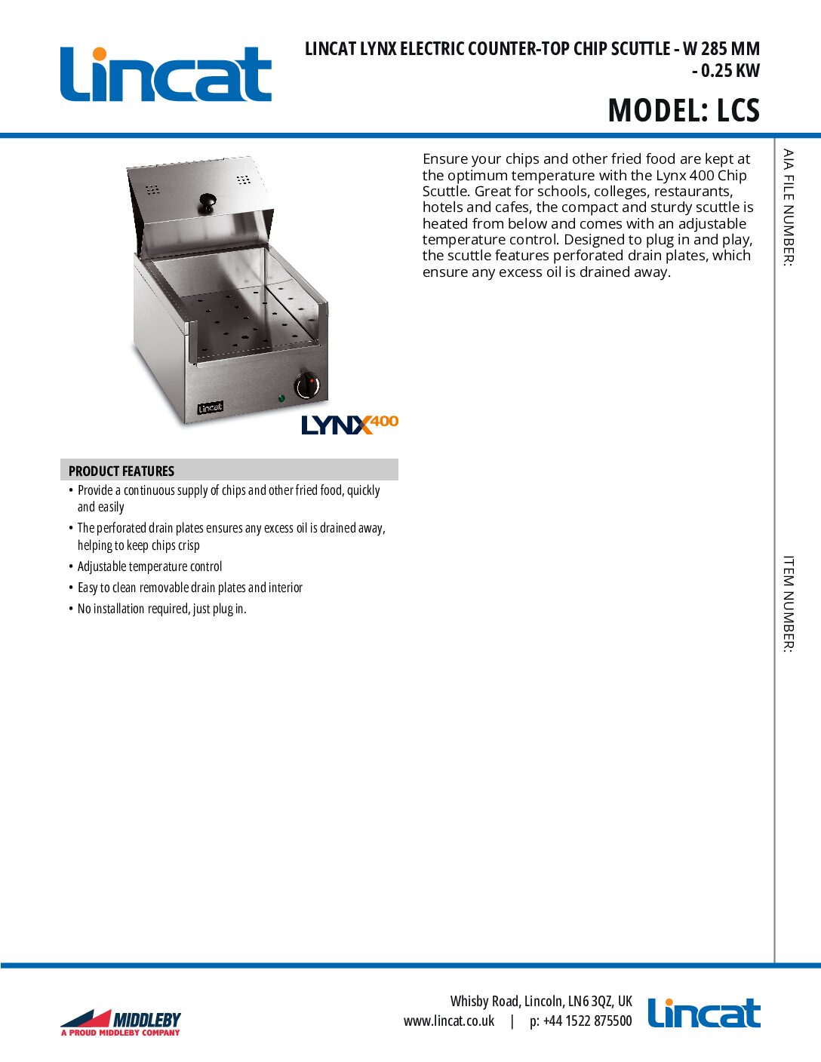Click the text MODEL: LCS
[x=683, y=110]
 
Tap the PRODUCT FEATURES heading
[x=121, y=471]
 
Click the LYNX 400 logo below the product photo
[x=349, y=425]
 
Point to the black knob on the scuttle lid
[x=207, y=201]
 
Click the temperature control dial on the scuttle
[x=307, y=386]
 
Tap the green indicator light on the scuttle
[x=281, y=397]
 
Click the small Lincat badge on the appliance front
[x=210, y=408]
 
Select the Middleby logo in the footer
[x=121, y=1022]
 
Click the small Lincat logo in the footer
[x=703, y=1013]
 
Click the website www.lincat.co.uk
[x=449, y=1021]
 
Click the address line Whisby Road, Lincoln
[x=541, y=1001]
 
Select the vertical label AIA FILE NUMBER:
[x=788, y=207]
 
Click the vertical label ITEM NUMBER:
[x=788, y=603]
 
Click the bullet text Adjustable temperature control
[x=149, y=566]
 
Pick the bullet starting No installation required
[x=161, y=609]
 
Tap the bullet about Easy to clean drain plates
[x=189, y=588]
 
